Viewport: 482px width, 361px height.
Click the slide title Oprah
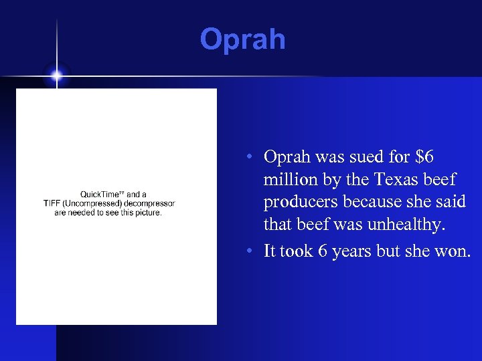[x=242, y=39]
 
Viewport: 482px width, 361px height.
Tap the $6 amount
[x=424, y=157]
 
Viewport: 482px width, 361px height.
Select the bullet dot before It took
[x=248, y=251]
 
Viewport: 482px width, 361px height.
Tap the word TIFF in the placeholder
[x=53, y=204]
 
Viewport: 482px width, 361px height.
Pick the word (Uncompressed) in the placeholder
[x=96, y=204]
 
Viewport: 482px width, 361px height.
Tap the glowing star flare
[x=56, y=76]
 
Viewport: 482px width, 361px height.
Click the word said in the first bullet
[x=452, y=203]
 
